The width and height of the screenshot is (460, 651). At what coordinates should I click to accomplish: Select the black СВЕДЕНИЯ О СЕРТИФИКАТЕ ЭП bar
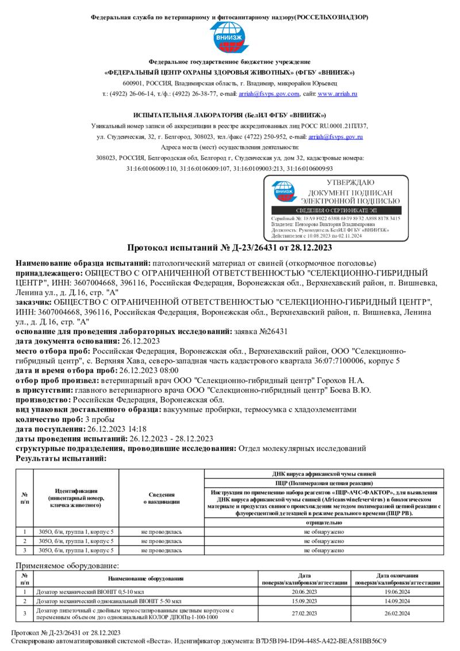(336, 211)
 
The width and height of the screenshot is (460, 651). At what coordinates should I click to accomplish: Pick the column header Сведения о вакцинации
(162, 498)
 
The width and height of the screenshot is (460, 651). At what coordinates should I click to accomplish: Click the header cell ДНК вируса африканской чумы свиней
(324, 474)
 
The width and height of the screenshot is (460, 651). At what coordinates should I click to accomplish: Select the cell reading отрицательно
(324, 523)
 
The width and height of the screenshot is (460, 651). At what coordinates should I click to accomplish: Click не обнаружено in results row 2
(324, 541)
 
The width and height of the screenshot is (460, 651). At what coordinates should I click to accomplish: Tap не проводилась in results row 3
(162, 550)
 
